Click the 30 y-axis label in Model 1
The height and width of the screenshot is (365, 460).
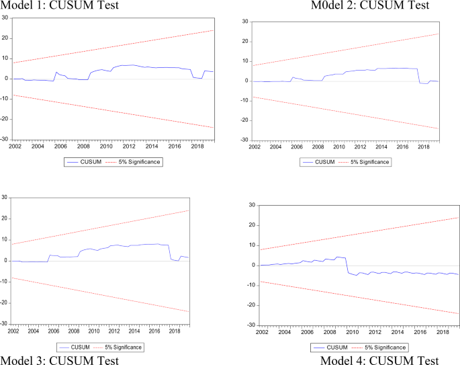[6, 17]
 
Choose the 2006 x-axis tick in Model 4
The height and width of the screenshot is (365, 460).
[307, 331]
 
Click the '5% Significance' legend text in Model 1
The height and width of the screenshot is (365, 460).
[142, 162]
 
